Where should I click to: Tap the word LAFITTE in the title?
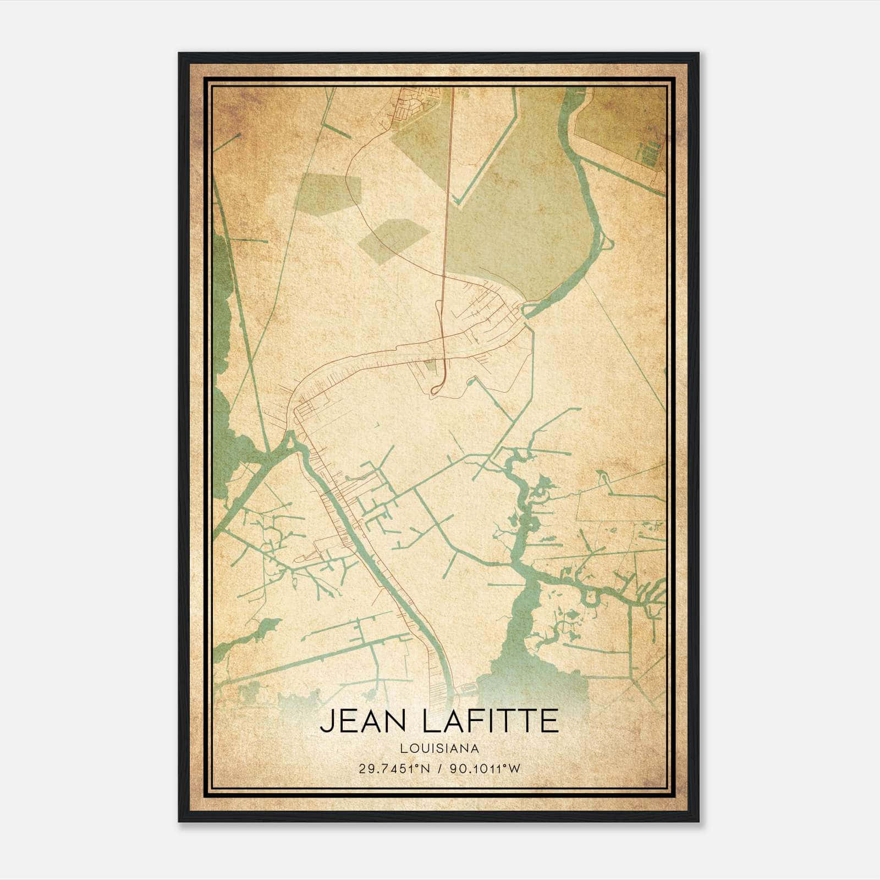click(491, 721)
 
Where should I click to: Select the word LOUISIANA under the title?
click(439, 749)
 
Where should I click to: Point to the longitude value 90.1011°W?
click(485, 769)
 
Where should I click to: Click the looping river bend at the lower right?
click(591, 597)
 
